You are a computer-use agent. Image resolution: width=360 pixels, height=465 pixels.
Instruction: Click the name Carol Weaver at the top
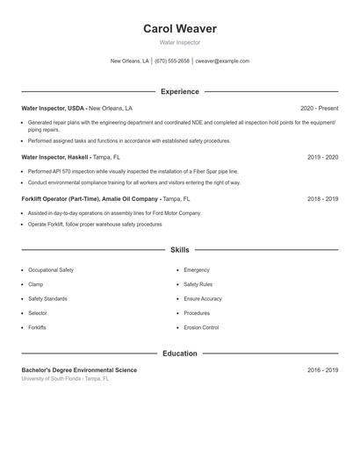[179, 29]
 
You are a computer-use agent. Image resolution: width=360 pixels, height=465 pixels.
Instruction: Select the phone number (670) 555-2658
[172, 61]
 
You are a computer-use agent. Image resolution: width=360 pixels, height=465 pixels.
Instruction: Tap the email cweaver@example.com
[222, 61]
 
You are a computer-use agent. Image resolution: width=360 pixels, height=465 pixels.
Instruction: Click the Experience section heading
[179, 91]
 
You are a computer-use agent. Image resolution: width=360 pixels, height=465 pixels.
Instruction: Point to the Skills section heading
[179, 250]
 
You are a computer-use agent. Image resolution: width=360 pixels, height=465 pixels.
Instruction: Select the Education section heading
[179, 354]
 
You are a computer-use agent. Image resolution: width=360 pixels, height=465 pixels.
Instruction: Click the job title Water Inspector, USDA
[53, 108]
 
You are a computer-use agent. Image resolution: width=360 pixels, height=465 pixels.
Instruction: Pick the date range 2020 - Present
[319, 108]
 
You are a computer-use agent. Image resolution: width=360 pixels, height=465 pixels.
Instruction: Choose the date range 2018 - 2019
[322, 199]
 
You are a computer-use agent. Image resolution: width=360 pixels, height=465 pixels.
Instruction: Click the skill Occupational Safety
[51, 270]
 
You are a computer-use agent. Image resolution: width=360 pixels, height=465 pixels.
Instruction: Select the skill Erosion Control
[201, 327]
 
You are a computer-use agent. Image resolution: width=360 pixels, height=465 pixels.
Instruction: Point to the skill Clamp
[36, 284]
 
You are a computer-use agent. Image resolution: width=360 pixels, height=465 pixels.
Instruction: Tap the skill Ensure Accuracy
[203, 298]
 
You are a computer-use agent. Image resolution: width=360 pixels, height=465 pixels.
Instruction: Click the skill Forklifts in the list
[37, 327]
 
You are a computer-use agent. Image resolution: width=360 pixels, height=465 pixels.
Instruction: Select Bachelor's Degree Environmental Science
[79, 370]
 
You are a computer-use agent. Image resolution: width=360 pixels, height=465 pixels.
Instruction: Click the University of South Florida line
[66, 379]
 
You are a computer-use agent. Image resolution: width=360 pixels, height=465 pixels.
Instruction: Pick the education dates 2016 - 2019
[322, 370]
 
